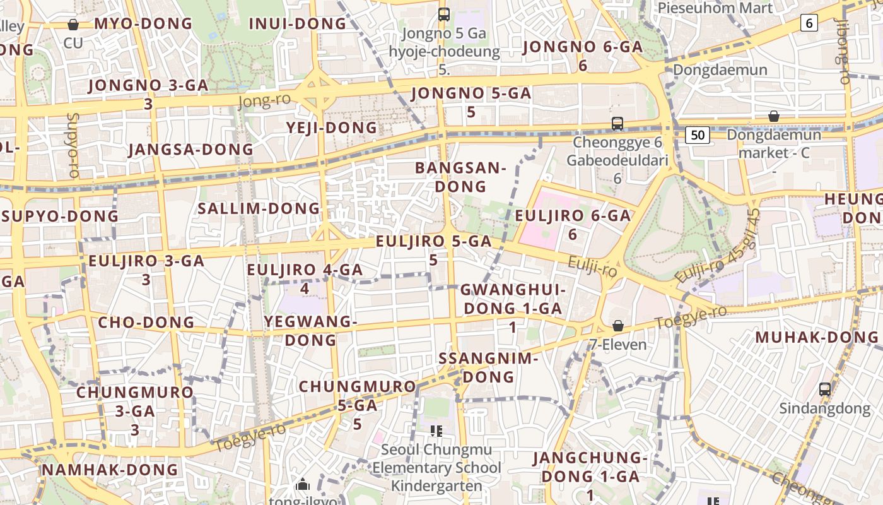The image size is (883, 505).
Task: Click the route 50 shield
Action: pos(697,134)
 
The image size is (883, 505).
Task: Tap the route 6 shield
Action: pos(809,23)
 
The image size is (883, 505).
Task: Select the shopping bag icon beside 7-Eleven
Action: pos(618,326)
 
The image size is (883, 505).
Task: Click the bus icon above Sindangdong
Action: pos(824,389)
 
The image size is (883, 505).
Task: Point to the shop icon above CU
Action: pos(73,25)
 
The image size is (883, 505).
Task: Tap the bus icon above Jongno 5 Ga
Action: pos(444,14)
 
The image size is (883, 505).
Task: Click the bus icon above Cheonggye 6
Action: pos(617,124)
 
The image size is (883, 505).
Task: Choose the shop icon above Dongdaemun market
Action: pos(773,117)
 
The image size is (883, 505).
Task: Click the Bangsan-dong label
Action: pos(460,177)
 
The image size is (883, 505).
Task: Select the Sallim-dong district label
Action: pos(259,208)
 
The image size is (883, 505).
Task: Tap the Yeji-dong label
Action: pos(332,128)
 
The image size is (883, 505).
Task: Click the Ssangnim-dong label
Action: pos(488,367)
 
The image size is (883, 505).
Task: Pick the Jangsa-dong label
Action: pos(190,150)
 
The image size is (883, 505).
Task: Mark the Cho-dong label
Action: pos(146,323)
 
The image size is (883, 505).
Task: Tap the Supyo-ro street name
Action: pos(72,145)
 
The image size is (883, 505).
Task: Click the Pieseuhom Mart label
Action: pos(715,8)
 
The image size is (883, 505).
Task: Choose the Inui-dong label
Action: pos(298,24)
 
